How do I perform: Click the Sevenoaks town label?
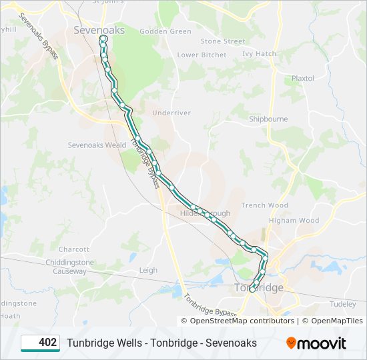99,30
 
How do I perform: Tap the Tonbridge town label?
259,287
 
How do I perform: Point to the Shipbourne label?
268,119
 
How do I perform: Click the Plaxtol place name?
302,78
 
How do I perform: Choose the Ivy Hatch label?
259,53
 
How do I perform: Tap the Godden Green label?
165,31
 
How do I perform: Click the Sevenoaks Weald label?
97,145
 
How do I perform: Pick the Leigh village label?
148,270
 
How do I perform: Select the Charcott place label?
73,249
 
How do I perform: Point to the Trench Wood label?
264,205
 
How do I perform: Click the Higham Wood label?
294,220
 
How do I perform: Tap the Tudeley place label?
343,303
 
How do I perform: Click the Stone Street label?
222,41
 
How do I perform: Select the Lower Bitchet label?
202,55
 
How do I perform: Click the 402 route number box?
40,343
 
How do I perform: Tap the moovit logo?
316,343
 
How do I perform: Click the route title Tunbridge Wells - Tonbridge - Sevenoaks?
161,343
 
